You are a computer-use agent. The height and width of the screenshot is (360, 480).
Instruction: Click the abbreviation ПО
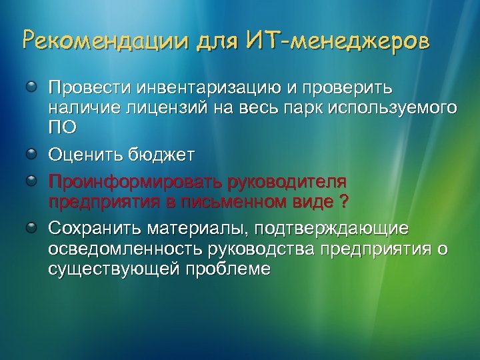click(x=59, y=126)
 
